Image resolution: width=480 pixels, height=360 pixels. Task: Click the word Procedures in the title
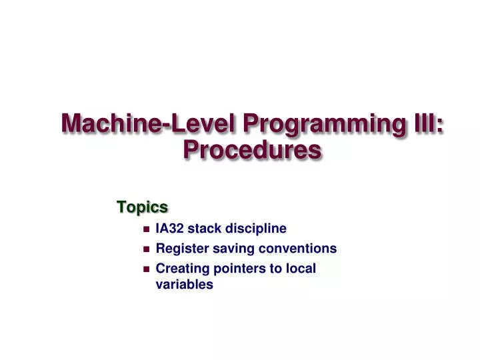pos(252,151)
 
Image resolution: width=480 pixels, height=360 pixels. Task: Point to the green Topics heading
pos(142,207)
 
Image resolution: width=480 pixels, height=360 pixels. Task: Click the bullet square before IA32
pos(146,229)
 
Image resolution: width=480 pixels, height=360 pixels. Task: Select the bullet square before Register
pos(146,249)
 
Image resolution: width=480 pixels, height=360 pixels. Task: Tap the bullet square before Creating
pos(146,269)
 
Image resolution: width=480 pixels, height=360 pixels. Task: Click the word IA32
pos(169,229)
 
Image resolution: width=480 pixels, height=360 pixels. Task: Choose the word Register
pos(179,249)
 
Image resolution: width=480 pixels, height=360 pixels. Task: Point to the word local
pos(301,269)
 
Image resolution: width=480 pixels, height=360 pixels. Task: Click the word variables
pos(184,285)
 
